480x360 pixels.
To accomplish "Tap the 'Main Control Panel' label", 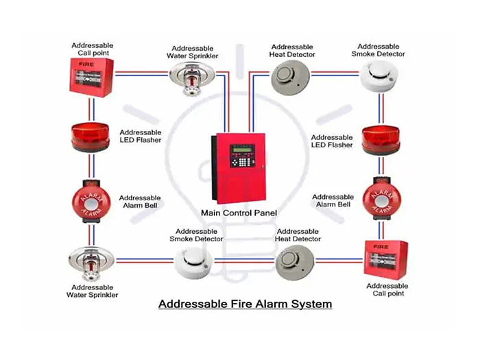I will pos(239,213).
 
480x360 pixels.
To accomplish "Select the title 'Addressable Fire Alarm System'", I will pos(245,303).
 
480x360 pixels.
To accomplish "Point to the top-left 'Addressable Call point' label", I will pos(93,49).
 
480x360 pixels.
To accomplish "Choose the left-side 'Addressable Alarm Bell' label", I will pos(140,202).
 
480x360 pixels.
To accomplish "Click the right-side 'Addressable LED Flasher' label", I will pos(332,141).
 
